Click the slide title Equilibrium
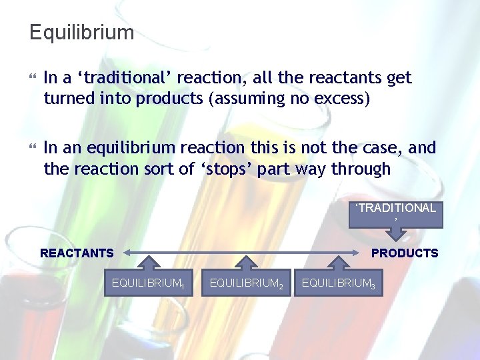(81, 32)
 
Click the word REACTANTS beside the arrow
(77, 253)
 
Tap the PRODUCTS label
(405, 253)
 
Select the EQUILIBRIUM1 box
(148, 283)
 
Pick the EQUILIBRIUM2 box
(247, 283)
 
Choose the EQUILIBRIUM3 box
(338, 283)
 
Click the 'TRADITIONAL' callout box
(395, 212)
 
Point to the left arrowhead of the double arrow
(127, 253)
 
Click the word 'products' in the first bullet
(170, 99)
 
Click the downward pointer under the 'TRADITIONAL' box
(396, 233)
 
